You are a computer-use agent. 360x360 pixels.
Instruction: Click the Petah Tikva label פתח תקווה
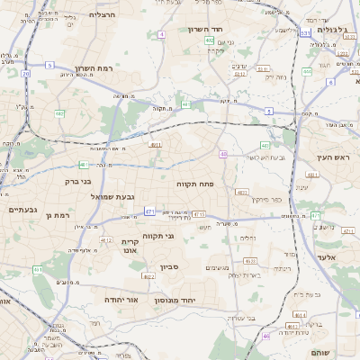pyautogui.click(x=194, y=184)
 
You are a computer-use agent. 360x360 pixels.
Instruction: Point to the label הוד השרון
pyautogui.click(x=204, y=30)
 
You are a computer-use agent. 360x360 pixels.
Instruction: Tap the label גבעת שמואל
pyautogui.click(x=113, y=196)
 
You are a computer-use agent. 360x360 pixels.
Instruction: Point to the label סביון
pyautogui.click(x=171, y=267)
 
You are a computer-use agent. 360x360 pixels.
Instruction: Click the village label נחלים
pyautogui.click(x=247, y=238)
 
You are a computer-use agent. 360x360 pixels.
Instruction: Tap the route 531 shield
pyautogui.click(x=306, y=33)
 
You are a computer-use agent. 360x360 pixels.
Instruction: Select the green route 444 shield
pyautogui.click(x=307, y=71)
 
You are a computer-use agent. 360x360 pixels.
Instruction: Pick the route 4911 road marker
pyautogui.click(x=156, y=144)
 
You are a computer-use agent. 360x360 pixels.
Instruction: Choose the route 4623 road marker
pyautogui.click(x=240, y=192)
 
